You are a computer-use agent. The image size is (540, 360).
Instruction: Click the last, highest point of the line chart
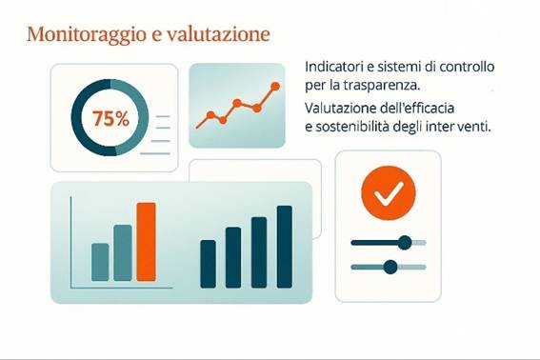tap(275, 87)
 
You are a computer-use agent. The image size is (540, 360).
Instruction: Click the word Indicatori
tap(332, 68)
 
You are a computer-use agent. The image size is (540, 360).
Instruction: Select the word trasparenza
tap(365, 85)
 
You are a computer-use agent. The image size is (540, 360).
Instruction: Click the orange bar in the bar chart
tap(146, 242)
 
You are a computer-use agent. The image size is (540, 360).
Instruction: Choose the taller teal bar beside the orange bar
tap(123, 252)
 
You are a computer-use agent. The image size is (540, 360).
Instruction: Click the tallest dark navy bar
tap(284, 246)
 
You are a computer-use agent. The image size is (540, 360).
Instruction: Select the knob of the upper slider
tap(404, 242)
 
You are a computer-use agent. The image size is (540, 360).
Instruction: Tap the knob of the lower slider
tap(389, 266)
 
